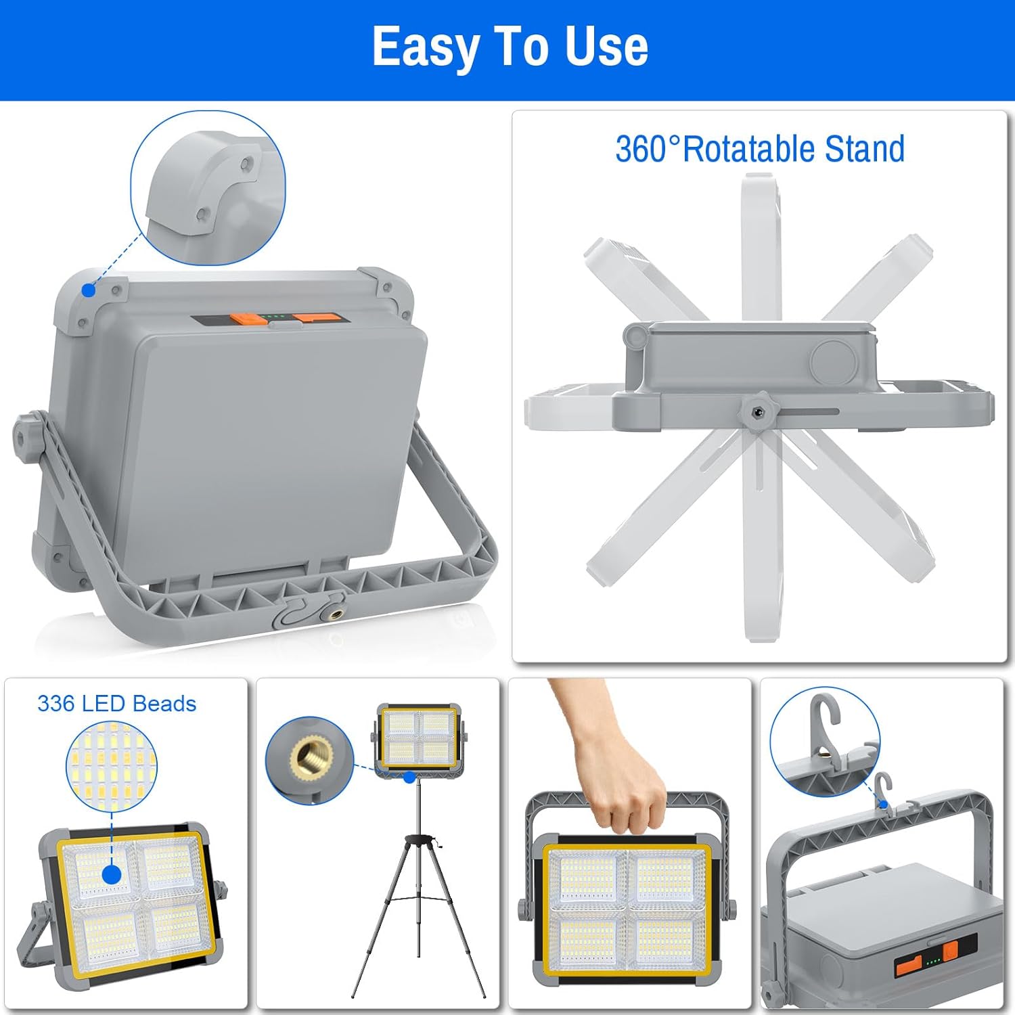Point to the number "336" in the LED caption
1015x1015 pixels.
pyautogui.click(x=55, y=704)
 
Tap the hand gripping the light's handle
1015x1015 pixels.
pyautogui.click(x=612, y=758)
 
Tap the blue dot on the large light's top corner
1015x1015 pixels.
pyautogui.click(x=89, y=290)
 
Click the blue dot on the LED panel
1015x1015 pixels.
pyautogui.click(x=112, y=874)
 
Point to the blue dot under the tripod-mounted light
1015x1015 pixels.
pyautogui.click(x=409, y=777)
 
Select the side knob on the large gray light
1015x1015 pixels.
pyautogui.click(x=25, y=438)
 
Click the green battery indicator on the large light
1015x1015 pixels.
pyautogui.click(x=273, y=316)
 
